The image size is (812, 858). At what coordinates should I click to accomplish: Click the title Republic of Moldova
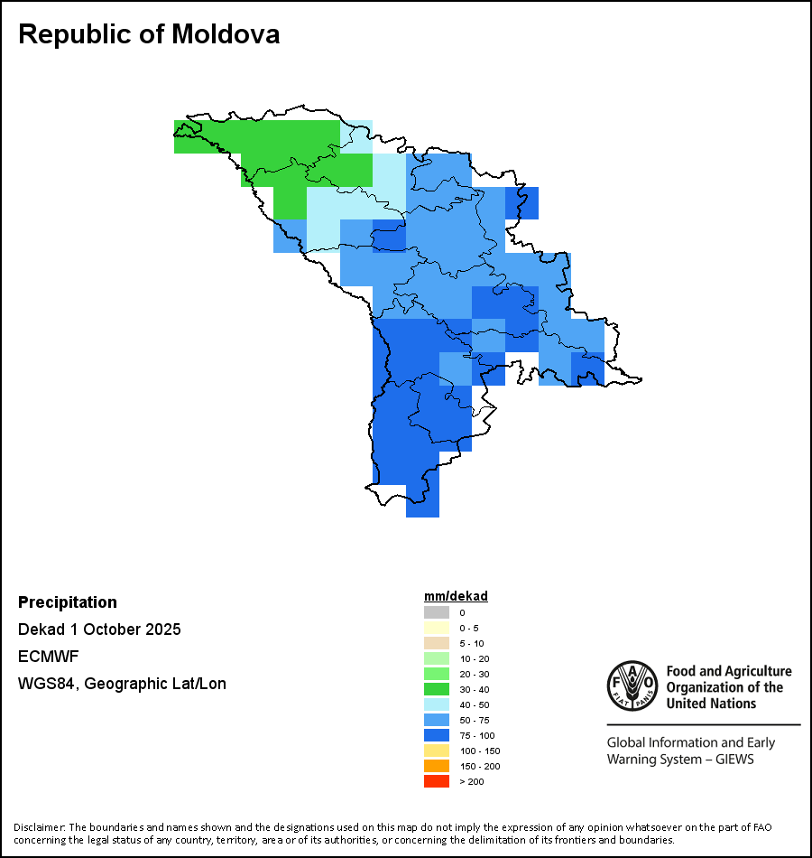(x=149, y=34)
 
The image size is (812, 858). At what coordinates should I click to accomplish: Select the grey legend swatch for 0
(x=437, y=612)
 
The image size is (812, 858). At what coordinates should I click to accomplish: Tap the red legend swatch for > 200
(x=437, y=781)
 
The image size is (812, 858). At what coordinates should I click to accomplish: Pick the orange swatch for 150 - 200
(x=437, y=766)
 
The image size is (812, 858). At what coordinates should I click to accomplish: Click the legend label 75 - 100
(x=476, y=735)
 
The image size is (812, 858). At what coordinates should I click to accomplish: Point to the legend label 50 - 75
(x=475, y=720)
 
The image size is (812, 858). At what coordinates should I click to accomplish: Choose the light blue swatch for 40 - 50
(x=437, y=704)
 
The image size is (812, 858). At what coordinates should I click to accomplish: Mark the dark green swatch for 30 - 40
(x=437, y=689)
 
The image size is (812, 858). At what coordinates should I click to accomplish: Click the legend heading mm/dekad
(x=456, y=596)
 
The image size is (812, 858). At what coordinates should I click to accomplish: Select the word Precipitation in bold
(x=68, y=602)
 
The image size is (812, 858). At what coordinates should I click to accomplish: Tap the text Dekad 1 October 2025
(x=99, y=630)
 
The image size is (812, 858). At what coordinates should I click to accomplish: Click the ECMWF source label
(x=44, y=657)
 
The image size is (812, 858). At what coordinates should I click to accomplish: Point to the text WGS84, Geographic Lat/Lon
(x=122, y=684)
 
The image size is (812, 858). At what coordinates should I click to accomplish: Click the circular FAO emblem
(x=632, y=685)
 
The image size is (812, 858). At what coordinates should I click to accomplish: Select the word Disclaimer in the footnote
(x=38, y=827)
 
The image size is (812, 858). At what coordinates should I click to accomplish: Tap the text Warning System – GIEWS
(x=679, y=760)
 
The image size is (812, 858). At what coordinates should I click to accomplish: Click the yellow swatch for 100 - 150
(x=437, y=751)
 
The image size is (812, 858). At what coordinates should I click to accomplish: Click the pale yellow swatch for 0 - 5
(x=437, y=628)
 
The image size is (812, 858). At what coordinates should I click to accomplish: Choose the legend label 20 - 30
(x=475, y=674)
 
